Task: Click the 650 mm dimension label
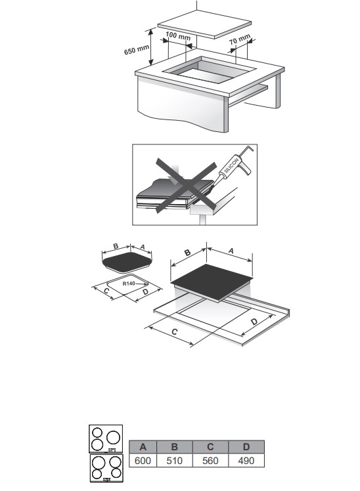(136, 50)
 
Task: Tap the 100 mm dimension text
(178, 35)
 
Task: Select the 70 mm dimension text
(240, 39)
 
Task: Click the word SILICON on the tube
(231, 165)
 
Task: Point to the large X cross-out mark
(186, 185)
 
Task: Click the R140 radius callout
(129, 284)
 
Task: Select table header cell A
(143, 447)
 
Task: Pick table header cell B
(175, 447)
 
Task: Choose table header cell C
(211, 447)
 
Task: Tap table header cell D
(246, 447)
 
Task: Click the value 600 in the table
(143, 461)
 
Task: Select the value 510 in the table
(175, 461)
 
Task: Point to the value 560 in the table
(211, 461)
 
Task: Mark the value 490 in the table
(246, 461)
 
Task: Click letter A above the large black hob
(231, 251)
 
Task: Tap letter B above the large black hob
(187, 252)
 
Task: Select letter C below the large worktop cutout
(175, 331)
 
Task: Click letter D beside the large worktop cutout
(254, 322)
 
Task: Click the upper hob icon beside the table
(106, 438)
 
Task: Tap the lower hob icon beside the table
(106, 468)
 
